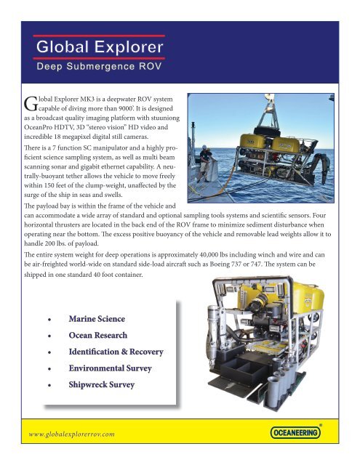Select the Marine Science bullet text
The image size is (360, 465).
point(97,319)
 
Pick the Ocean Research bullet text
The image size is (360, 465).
point(99,336)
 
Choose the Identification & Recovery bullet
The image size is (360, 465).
point(116,352)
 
